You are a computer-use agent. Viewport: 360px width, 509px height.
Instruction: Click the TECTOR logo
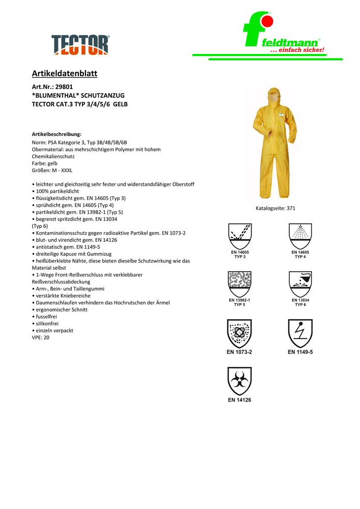(80, 44)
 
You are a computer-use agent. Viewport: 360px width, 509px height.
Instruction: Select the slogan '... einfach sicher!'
(297, 50)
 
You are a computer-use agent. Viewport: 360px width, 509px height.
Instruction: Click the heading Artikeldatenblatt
(65, 74)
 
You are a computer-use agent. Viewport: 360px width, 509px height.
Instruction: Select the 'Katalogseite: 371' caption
(275, 208)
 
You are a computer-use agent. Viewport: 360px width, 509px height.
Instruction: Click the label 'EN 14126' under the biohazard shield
(239, 400)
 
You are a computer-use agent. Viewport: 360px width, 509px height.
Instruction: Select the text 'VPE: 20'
(41, 337)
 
